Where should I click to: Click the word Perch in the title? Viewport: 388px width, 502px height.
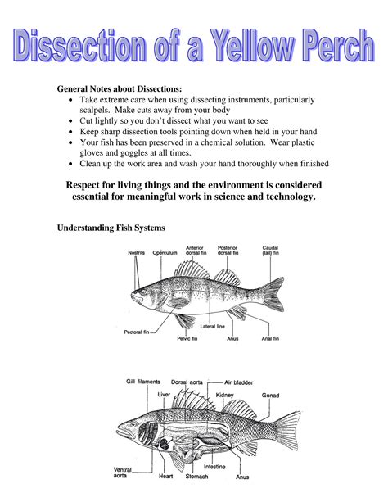(x=339, y=45)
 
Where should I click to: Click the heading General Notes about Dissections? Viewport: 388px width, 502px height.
(x=119, y=88)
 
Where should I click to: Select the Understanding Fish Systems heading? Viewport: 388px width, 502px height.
(x=111, y=228)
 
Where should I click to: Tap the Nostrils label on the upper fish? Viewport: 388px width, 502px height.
(x=136, y=252)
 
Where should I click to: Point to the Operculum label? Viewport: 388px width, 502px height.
(x=165, y=252)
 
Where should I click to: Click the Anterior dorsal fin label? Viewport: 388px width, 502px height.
(x=196, y=251)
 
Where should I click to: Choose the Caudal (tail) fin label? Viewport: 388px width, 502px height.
(x=270, y=251)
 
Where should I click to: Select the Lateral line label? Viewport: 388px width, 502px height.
(x=213, y=327)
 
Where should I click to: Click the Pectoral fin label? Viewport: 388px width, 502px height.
(x=137, y=332)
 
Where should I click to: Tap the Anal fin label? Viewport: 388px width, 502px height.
(x=270, y=338)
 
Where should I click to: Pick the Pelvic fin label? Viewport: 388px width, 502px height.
(x=187, y=338)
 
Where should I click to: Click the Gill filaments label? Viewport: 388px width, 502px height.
(x=142, y=382)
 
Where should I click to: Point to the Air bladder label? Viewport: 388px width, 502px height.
(x=238, y=382)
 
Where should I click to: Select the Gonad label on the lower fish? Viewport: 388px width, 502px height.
(x=270, y=396)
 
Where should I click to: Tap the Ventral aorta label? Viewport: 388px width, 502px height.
(x=122, y=473)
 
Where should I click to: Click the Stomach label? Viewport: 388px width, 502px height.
(x=196, y=477)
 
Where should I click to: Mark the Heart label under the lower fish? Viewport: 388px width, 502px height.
(x=165, y=477)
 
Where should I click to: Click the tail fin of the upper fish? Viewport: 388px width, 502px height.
(x=273, y=294)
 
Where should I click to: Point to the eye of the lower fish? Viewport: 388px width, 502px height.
(x=133, y=424)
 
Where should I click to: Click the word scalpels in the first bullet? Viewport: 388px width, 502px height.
(x=95, y=110)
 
